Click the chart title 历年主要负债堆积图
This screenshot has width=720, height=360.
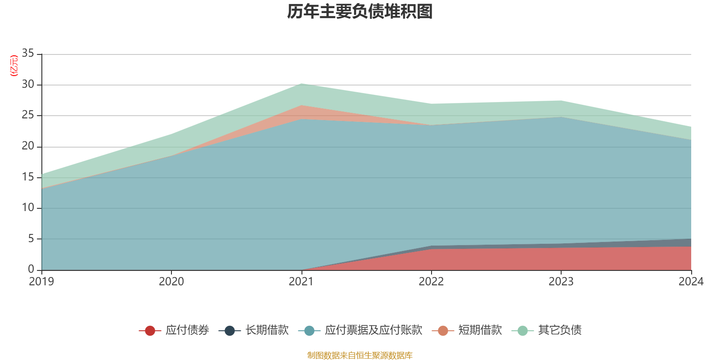click(360, 12)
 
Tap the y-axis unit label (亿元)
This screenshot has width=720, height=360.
click(14, 66)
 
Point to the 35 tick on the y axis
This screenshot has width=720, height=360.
click(28, 54)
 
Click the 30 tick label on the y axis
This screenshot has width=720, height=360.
click(28, 84)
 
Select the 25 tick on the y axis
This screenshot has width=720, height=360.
click(28, 115)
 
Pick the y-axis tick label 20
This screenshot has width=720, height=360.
click(28, 146)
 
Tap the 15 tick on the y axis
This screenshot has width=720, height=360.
click(28, 177)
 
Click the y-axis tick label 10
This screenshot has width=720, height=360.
click(28, 207)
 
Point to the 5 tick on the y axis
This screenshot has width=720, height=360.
click(31, 238)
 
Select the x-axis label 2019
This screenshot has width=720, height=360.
click(41, 282)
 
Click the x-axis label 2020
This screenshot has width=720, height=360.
click(171, 282)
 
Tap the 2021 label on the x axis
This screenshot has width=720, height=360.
click(301, 282)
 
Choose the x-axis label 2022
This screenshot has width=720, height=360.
click(431, 282)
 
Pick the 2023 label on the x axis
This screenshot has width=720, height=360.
click(561, 282)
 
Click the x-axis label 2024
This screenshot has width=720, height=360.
click(691, 282)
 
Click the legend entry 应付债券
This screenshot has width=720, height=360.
click(175, 330)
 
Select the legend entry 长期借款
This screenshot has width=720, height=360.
click(254, 330)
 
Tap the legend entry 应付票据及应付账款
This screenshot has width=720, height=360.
click(361, 330)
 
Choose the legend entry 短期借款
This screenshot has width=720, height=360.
click(468, 330)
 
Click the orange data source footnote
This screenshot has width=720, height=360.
click(360, 355)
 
